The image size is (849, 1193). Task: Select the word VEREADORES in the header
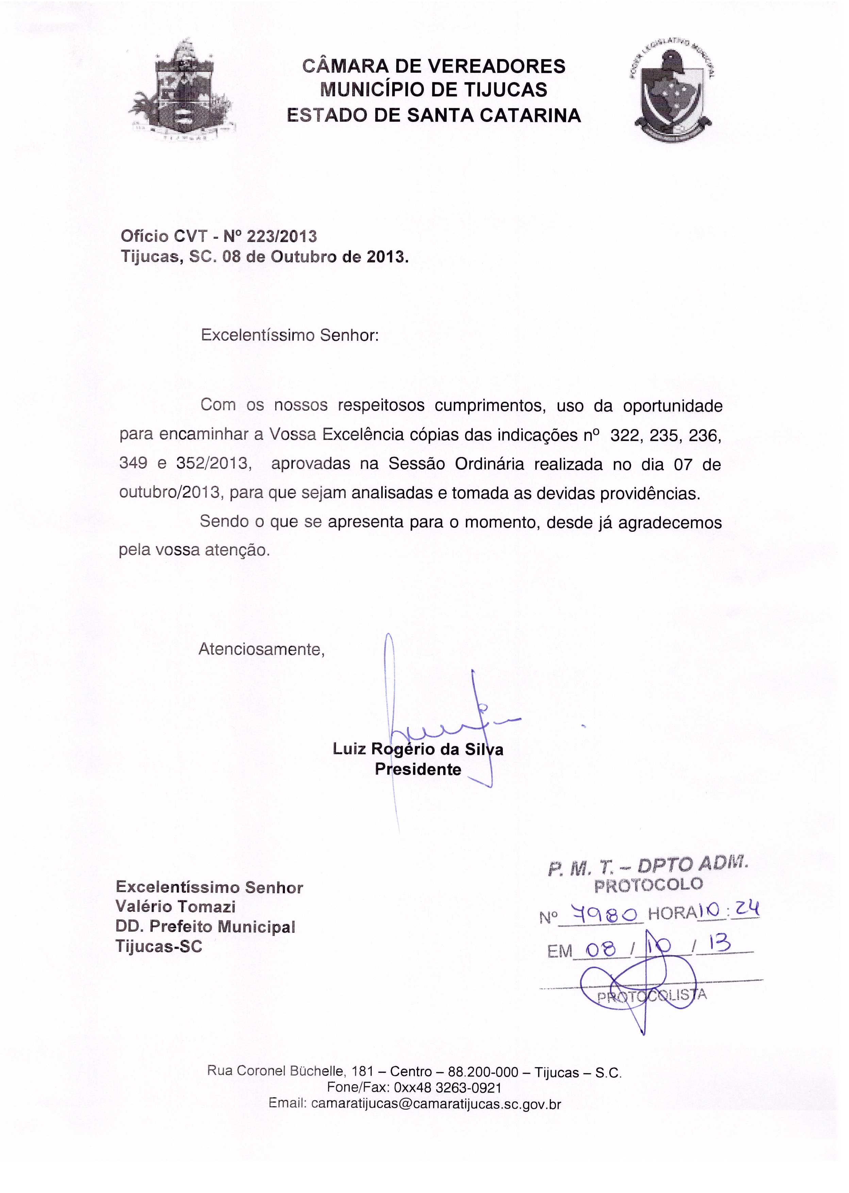496,66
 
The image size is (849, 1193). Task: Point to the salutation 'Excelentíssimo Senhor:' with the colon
289,335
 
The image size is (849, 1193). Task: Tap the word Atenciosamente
261,649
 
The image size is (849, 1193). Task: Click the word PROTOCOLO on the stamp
649,884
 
